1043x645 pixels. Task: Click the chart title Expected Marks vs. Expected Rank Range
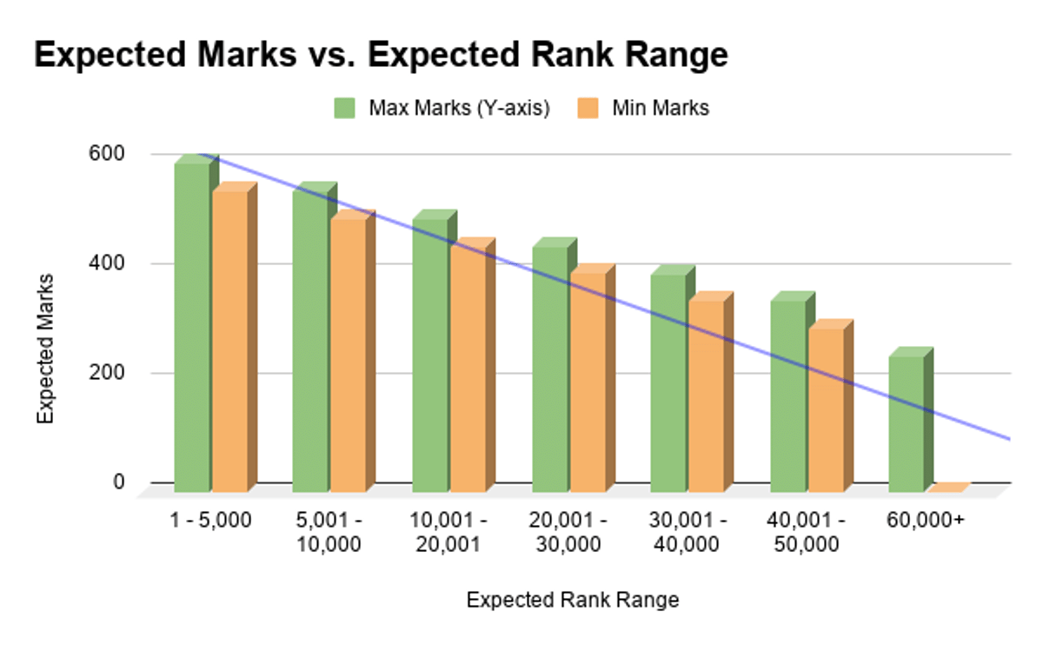coord(380,55)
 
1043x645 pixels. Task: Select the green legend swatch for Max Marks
coord(345,109)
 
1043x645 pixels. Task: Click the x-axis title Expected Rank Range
coord(572,600)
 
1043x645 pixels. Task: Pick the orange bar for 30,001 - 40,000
coord(706,396)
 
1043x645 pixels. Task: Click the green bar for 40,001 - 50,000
coord(787,396)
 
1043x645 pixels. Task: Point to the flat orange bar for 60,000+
coord(947,488)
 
